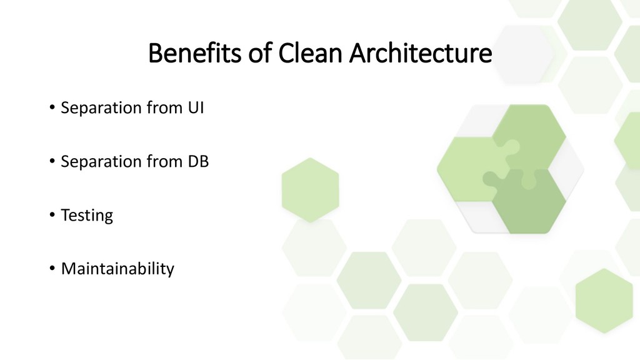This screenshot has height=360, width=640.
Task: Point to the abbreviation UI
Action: tap(196, 108)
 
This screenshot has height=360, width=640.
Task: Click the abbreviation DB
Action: tap(198, 162)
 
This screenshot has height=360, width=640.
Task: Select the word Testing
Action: tap(87, 216)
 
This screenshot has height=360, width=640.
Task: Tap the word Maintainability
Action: tap(117, 269)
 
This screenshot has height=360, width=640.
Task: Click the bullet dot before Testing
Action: tap(52, 216)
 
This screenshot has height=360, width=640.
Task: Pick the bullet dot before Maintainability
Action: tap(52, 269)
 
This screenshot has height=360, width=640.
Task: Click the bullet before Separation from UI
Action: tap(52, 108)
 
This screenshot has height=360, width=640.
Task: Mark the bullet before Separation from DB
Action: tap(52, 162)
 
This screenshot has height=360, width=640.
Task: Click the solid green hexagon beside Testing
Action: tap(310, 189)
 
